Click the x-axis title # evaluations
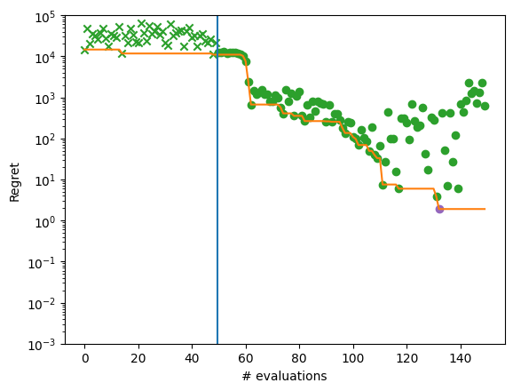click(285, 377)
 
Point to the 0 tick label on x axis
click(84, 358)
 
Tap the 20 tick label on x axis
click(138, 358)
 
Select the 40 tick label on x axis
click(192, 358)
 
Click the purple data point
click(439, 209)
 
